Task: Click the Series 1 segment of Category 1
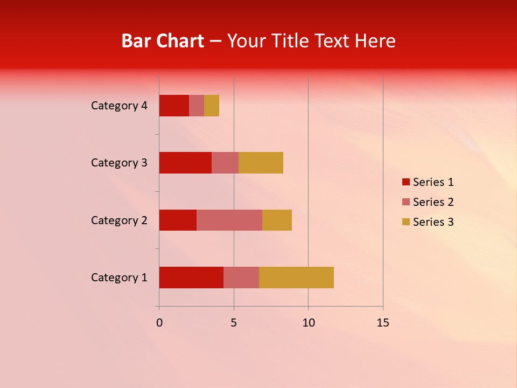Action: pyautogui.click(x=191, y=278)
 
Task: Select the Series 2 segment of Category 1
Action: pyautogui.click(x=241, y=278)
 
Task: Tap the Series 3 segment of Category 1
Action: pyautogui.click(x=296, y=278)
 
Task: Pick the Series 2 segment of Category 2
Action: pyautogui.click(x=229, y=220)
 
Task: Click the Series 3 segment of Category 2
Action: pyautogui.click(x=277, y=220)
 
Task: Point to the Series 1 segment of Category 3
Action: pyautogui.click(x=185, y=163)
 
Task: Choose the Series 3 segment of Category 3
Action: pyautogui.click(x=261, y=163)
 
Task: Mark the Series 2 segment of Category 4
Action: pyautogui.click(x=197, y=106)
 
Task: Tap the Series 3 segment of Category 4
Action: pyautogui.click(x=212, y=106)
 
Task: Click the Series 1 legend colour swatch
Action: pyautogui.click(x=406, y=182)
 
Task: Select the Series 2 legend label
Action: pyautogui.click(x=433, y=202)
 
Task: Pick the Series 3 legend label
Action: pyautogui.click(x=433, y=222)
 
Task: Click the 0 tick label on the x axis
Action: pyautogui.click(x=159, y=323)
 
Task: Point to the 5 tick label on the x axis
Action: pyautogui.click(x=234, y=323)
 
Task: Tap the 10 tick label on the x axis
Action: pyautogui.click(x=308, y=323)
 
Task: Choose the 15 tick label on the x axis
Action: pyautogui.click(x=382, y=323)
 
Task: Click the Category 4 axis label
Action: pyautogui.click(x=119, y=106)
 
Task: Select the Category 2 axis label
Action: pyautogui.click(x=119, y=220)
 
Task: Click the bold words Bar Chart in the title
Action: pyautogui.click(x=163, y=41)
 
